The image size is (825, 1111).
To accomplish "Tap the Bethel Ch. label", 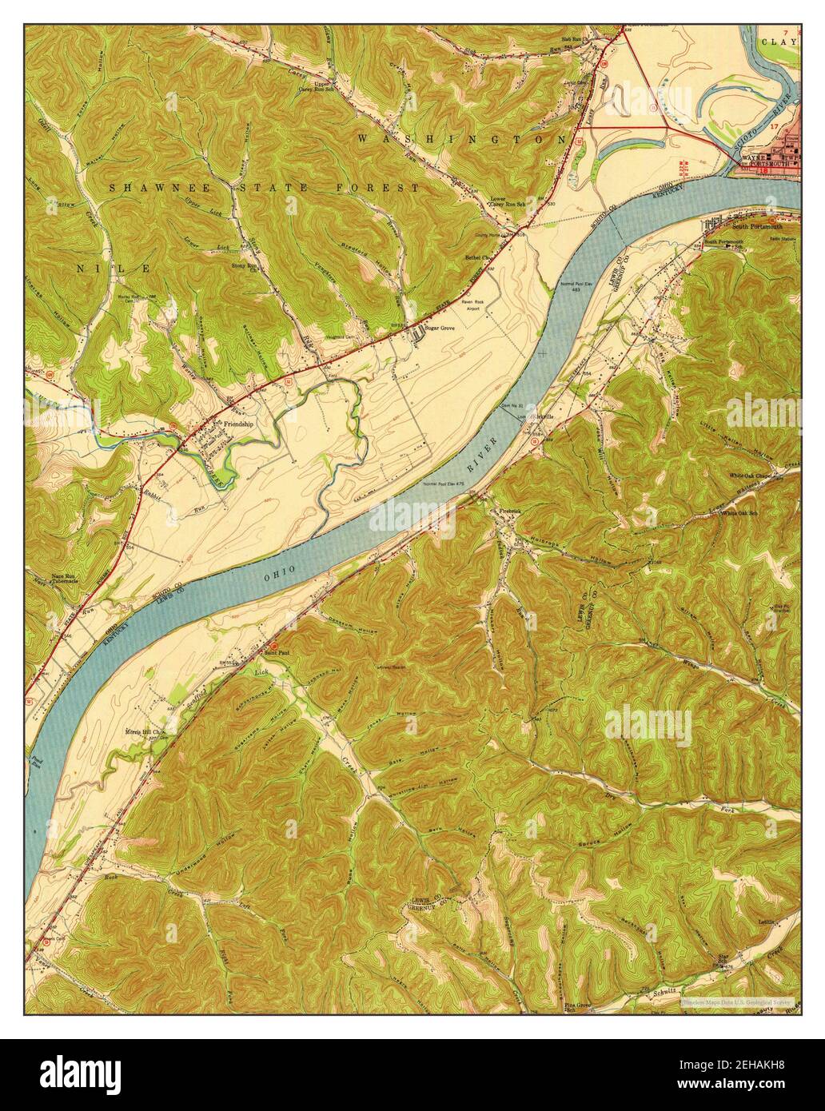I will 481,258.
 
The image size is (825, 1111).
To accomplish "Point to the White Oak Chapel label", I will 749,476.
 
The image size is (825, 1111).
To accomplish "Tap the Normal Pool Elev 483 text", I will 570,286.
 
